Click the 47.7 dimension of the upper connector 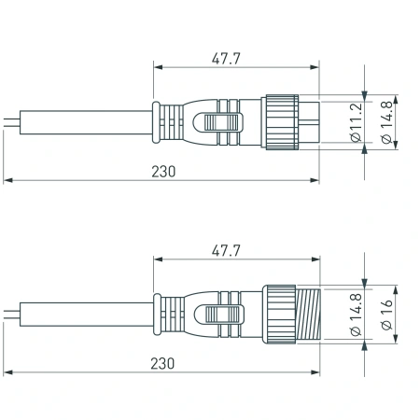pyautogui.click(x=222, y=58)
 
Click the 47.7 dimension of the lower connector pyautogui.click(x=222, y=251)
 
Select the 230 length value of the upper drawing pyautogui.click(x=161, y=172)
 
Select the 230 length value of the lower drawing pyautogui.click(x=161, y=363)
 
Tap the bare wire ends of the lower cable pyautogui.click(x=9, y=315)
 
